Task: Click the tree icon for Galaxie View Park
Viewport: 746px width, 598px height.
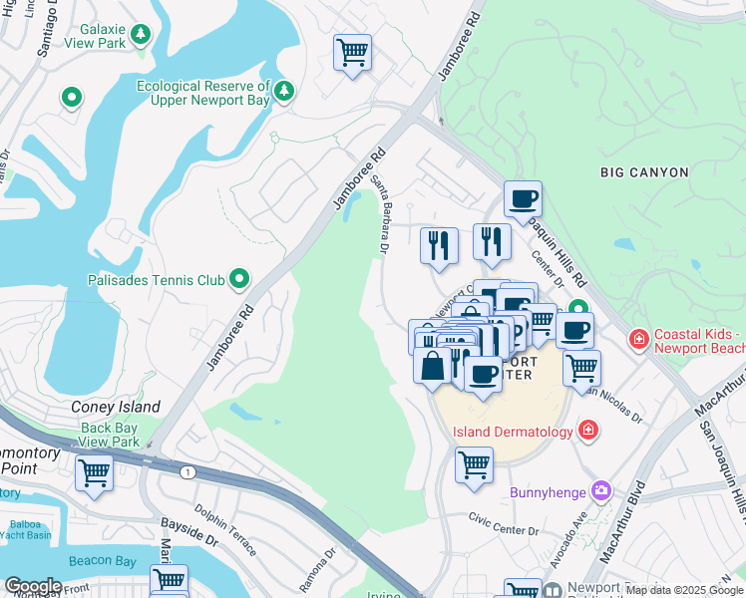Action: point(141,35)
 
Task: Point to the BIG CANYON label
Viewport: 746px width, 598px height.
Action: point(644,172)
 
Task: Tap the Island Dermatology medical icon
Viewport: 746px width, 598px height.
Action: point(589,431)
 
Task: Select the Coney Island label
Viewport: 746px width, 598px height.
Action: point(116,407)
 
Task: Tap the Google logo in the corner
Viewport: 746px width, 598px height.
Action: point(32,586)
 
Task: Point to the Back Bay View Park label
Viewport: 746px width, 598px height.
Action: point(109,435)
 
